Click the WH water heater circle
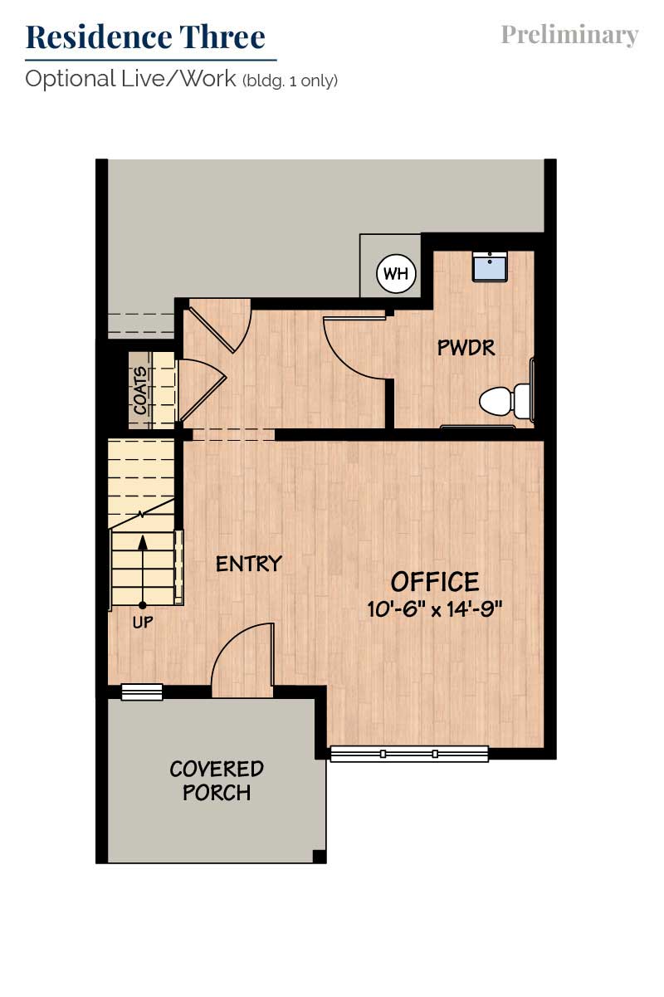(396, 273)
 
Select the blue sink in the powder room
(490, 266)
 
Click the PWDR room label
(466, 348)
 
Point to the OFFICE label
(435, 582)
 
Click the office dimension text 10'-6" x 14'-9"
(435, 608)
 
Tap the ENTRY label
(249, 564)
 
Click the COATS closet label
(140, 390)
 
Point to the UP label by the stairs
(143, 622)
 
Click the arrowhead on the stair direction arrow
(143, 542)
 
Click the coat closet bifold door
(203, 390)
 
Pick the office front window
(409, 754)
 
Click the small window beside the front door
(142, 692)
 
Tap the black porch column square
(319, 857)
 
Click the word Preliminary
(569, 35)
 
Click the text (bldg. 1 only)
(290, 81)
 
